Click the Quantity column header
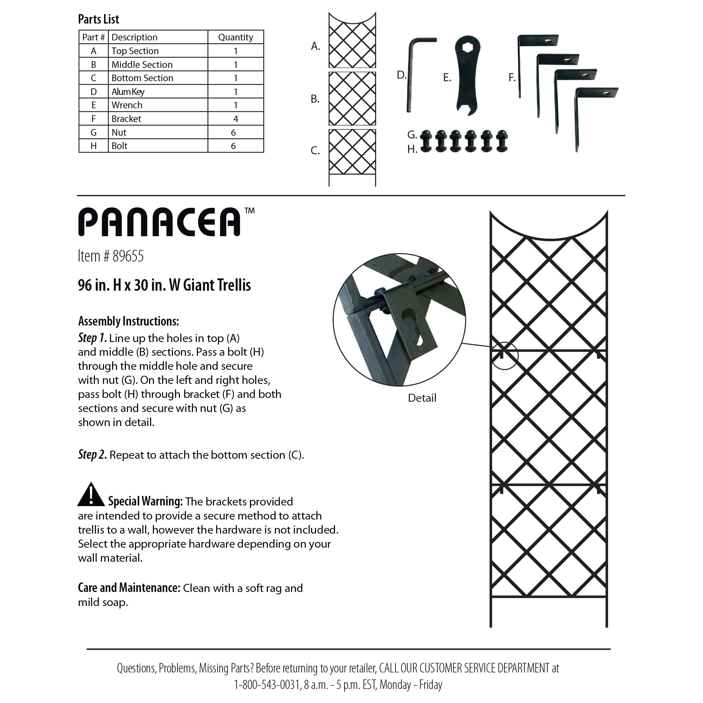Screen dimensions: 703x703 [x=236, y=37]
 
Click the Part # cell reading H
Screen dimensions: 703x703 [x=93, y=146]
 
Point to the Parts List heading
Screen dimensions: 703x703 [x=98, y=19]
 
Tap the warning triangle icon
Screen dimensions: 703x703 [x=91, y=495]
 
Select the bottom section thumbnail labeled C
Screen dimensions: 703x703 [x=352, y=156]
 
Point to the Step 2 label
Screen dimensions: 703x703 [x=92, y=455]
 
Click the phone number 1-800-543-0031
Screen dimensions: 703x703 [x=267, y=685]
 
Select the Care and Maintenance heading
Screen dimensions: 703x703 [x=129, y=588]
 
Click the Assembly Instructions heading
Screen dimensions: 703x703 [x=128, y=321]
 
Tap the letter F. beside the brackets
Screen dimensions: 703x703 [x=511, y=77]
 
